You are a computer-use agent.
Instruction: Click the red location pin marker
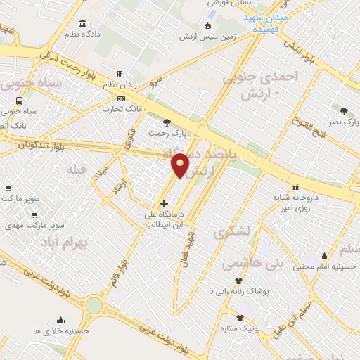click(181, 165)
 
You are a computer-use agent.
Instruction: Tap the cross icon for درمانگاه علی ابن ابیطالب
click(165, 203)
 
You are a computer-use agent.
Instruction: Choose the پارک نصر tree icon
click(343, 110)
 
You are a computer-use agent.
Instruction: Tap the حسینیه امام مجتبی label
click(323, 267)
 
